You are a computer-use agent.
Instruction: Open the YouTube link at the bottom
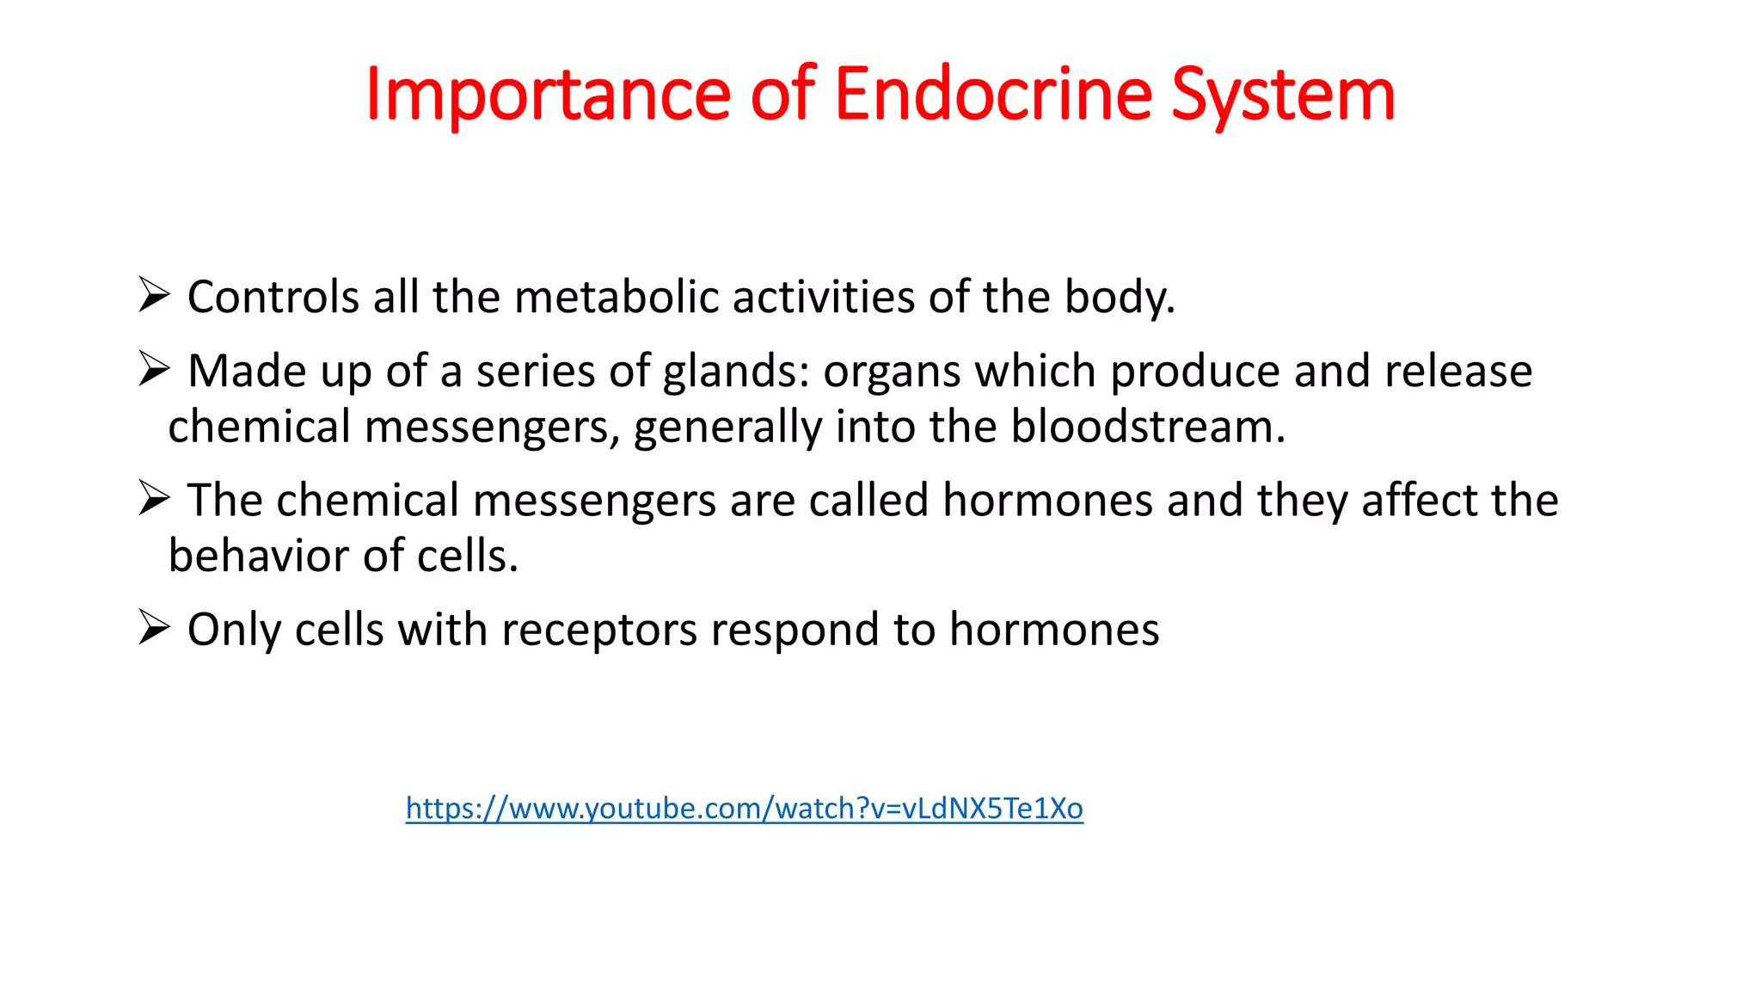point(744,809)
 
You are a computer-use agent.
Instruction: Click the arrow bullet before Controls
point(154,295)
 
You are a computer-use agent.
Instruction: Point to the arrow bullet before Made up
point(154,369)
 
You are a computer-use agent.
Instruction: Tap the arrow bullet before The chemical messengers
point(154,498)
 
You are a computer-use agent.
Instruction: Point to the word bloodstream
point(1147,427)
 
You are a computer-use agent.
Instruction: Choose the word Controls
point(273,298)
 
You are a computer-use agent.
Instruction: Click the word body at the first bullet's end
point(1118,298)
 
